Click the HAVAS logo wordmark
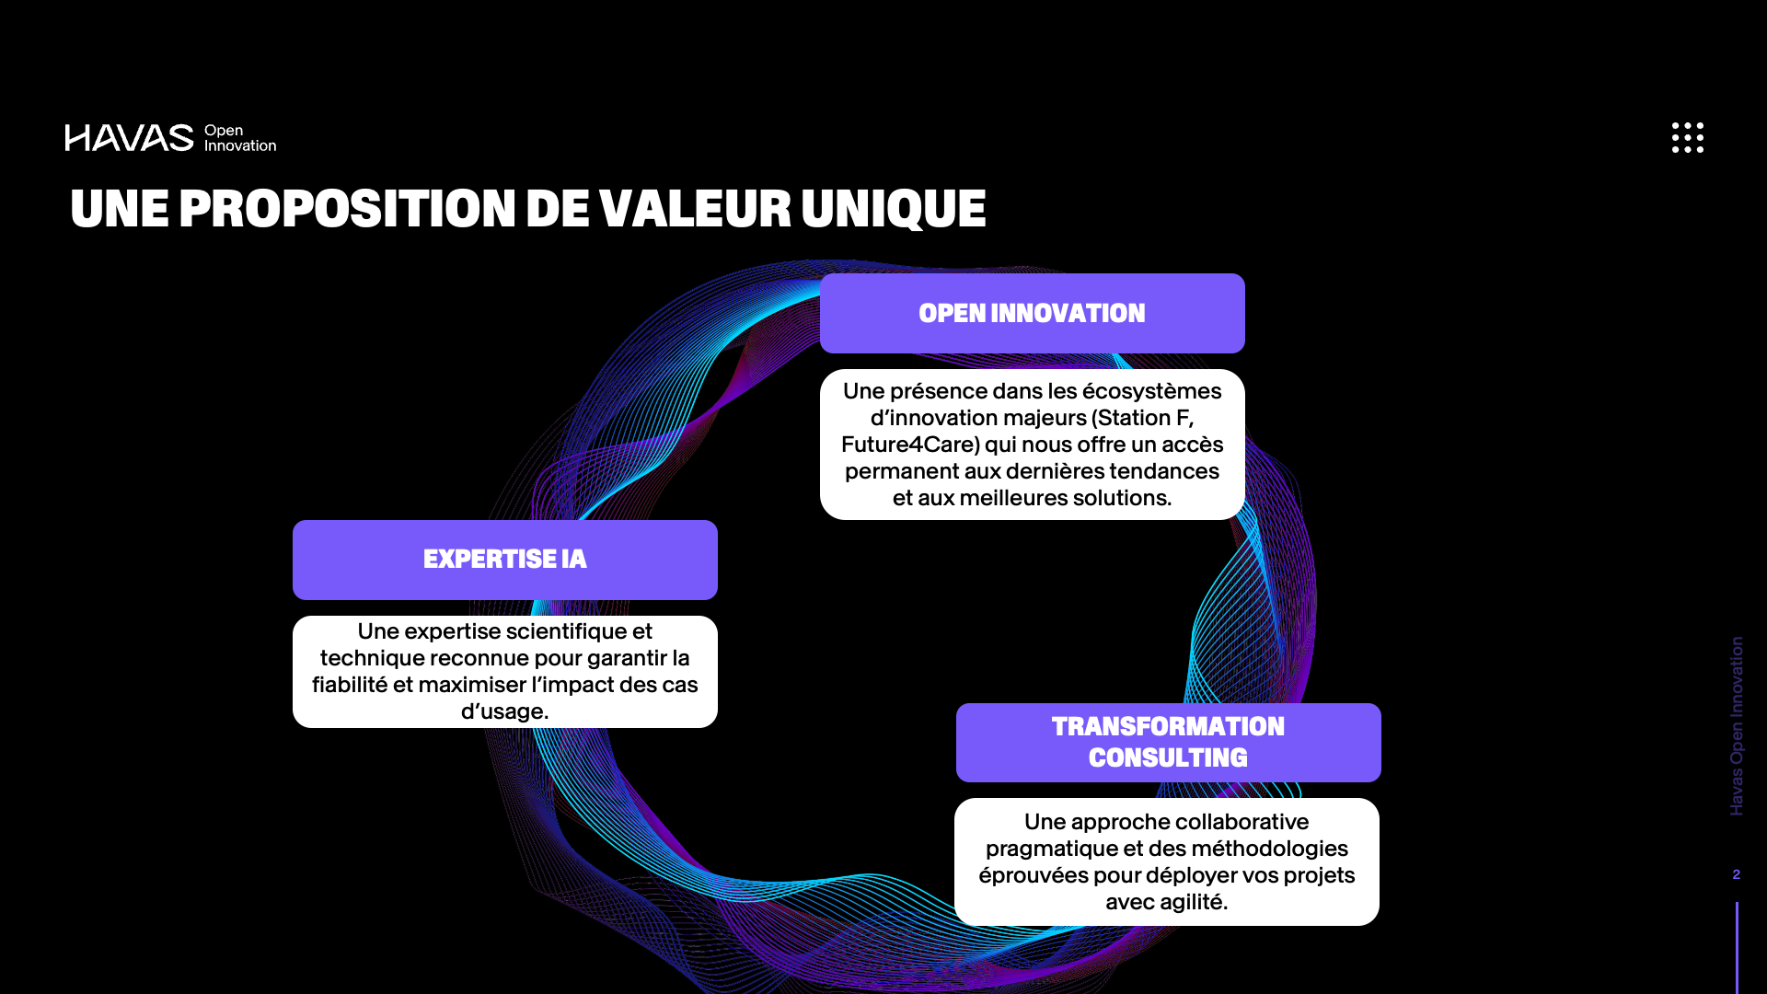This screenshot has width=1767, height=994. click(x=129, y=138)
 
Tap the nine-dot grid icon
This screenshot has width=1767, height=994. click(x=1688, y=137)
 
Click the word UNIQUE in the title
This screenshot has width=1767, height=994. click(x=894, y=209)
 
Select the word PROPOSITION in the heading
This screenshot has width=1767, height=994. click(x=347, y=208)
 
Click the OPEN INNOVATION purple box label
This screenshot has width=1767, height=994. click(x=1032, y=313)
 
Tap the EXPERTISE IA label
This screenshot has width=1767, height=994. click(x=504, y=560)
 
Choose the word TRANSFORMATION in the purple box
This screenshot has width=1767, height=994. click(x=1168, y=726)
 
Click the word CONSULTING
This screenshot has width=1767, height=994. click(x=1168, y=757)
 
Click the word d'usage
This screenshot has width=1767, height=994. click(x=504, y=711)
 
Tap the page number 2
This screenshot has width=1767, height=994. click(x=1737, y=874)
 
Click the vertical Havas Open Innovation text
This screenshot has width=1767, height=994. click(x=1737, y=726)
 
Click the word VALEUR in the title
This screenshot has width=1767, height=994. click(x=695, y=209)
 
